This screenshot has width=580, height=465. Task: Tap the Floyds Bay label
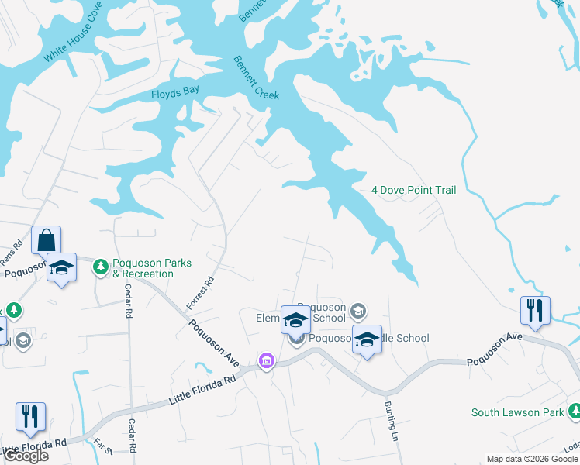coord(175,91)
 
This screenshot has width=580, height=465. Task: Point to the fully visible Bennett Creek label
coord(257,77)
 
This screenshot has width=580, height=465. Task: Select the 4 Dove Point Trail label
coord(414,190)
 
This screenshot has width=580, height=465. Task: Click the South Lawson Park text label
coord(518,412)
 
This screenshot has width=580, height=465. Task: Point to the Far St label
coord(103,446)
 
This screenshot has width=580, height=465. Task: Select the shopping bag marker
coord(47,239)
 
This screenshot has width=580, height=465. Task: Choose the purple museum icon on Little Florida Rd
coord(267,360)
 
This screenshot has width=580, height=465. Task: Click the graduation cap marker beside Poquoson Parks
coord(61,267)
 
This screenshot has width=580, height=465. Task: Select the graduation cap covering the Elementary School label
coord(295,319)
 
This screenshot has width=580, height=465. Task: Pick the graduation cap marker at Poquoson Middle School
coord(368,339)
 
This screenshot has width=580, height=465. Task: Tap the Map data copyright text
coord(532,459)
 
